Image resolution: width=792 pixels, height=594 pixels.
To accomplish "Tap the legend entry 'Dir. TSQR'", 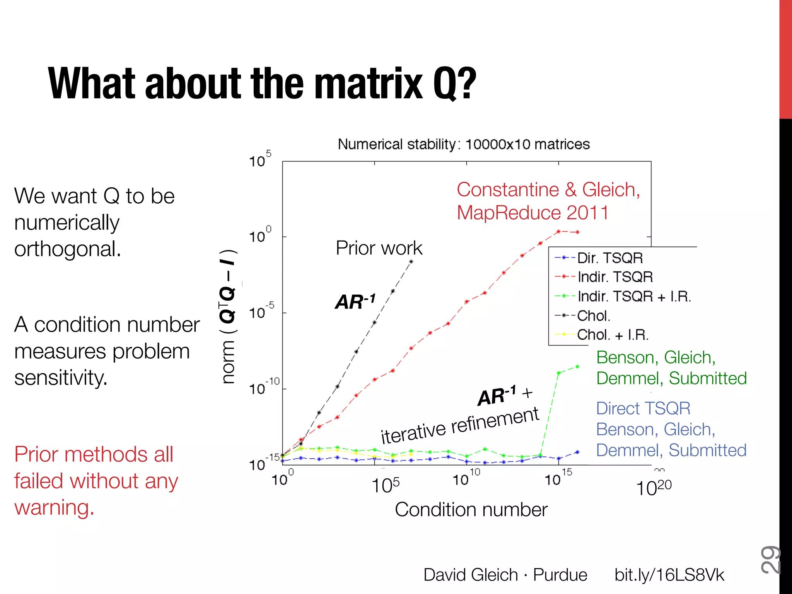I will (x=609, y=258).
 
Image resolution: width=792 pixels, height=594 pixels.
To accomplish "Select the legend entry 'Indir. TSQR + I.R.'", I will (x=634, y=297).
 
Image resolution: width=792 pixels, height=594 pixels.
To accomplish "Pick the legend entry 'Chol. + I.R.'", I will (x=613, y=335).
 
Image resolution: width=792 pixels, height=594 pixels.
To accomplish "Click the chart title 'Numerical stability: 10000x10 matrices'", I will (x=463, y=144).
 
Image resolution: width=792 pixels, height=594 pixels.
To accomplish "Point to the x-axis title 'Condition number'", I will (x=471, y=510).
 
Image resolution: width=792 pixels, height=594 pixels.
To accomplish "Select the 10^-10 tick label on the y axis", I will (x=264, y=387).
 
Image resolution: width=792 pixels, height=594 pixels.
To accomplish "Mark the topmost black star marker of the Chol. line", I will (x=411, y=262).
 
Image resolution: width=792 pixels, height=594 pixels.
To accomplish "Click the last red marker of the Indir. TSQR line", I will (x=577, y=232).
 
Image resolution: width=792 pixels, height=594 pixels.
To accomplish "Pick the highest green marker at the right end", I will (x=577, y=367).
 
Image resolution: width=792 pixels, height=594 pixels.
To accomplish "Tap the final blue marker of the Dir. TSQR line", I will (x=577, y=452).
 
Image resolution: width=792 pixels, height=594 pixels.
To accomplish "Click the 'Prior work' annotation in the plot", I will (x=379, y=248).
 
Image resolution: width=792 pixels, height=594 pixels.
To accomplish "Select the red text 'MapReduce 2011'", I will (x=533, y=213).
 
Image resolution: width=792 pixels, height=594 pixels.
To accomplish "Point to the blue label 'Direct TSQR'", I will (x=643, y=409).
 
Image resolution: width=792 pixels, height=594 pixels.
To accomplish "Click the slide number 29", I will (x=770, y=560).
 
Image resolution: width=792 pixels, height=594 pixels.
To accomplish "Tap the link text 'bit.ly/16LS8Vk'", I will (x=669, y=575).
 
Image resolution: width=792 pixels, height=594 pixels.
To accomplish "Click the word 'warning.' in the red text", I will (x=54, y=508).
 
